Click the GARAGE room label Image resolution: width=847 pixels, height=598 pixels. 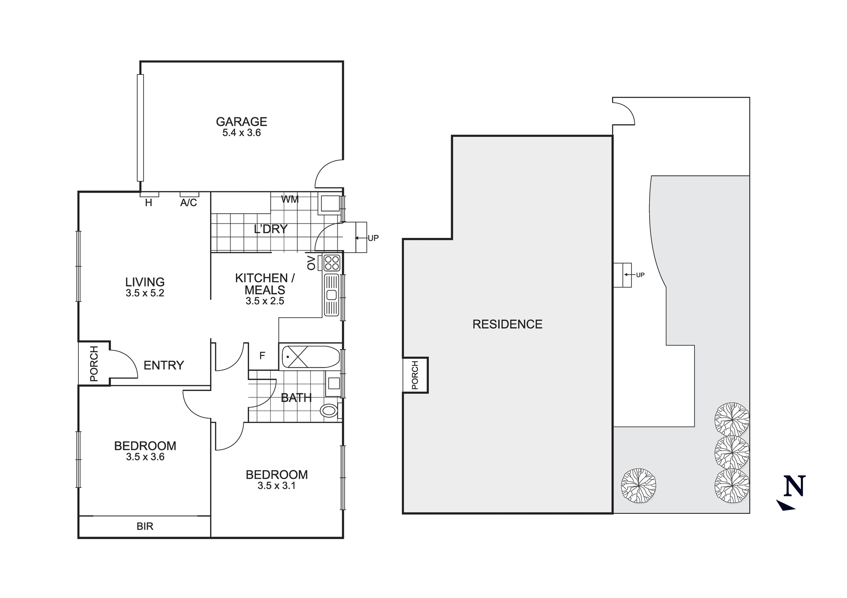pyautogui.click(x=241, y=121)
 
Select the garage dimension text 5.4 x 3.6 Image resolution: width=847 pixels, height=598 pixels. pyautogui.click(x=241, y=133)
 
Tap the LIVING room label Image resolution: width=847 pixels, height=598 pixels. pyautogui.click(x=145, y=282)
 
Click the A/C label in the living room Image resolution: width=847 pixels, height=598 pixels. pyautogui.click(x=188, y=203)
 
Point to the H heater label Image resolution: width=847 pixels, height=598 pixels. pyautogui.click(x=149, y=203)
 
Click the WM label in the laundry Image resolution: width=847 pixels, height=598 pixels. pyautogui.click(x=290, y=199)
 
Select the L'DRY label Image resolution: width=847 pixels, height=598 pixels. pyautogui.click(x=271, y=229)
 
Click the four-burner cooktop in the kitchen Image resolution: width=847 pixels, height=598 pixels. pyautogui.click(x=332, y=263)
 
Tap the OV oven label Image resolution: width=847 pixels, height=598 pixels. pyautogui.click(x=312, y=263)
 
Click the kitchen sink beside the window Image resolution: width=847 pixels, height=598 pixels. pyautogui.click(x=332, y=295)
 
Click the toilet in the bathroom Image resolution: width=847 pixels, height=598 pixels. pyautogui.click(x=329, y=410)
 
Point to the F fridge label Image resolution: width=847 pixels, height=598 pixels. pyautogui.click(x=262, y=356)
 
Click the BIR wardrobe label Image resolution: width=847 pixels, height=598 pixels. pyautogui.click(x=145, y=526)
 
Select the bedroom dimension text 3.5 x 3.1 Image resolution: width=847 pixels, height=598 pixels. pyautogui.click(x=277, y=486)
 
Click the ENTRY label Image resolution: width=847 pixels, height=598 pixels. pyautogui.click(x=163, y=365)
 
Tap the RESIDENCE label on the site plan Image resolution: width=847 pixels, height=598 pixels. pyautogui.click(x=507, y=324)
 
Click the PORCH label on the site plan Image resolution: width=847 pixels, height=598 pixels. pyautogui.click(x=415, y=375)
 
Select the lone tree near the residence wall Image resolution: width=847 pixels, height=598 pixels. pyautogui.click(x=639, y=485)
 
